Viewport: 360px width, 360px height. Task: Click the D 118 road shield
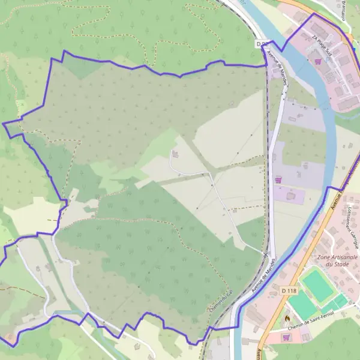coord(289,290)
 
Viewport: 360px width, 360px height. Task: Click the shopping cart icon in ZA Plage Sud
coord(318,61)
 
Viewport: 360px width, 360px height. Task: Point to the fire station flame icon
coord(287,317)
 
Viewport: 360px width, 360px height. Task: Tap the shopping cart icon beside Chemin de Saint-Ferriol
coord(286,337)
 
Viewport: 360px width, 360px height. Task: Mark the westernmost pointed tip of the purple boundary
coord(3,124)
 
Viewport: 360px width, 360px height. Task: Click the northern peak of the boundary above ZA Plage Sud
coord(313,13)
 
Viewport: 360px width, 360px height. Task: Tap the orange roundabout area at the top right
coord(350,38)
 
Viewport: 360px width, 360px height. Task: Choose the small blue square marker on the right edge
coord(357,67)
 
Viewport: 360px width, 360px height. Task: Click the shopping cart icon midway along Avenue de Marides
coord(278,179)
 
